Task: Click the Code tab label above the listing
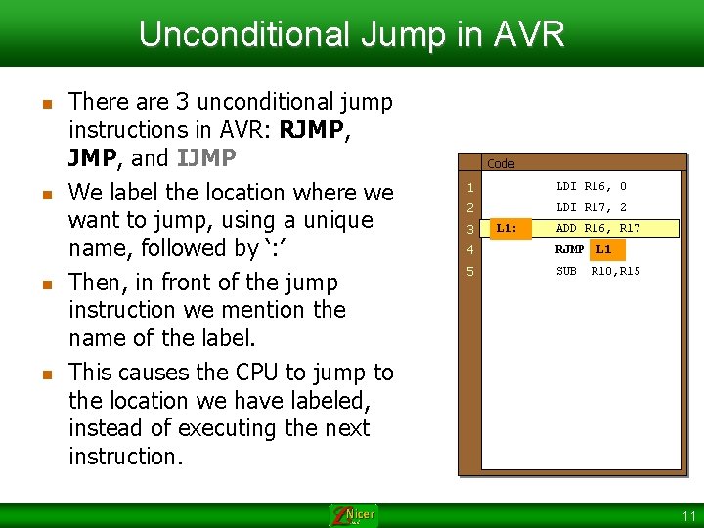click(501, 163)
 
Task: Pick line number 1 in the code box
click(470, 187)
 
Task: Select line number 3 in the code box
click(470, 230)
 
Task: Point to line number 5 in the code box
click(470, 271)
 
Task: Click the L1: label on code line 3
click(507, 228)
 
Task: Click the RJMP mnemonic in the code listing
click(569, 249)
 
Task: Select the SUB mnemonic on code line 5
click(566, 271)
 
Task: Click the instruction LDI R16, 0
click(592, 186)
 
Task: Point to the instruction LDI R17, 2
click(592, 207)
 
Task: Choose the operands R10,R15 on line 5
click(615, 271)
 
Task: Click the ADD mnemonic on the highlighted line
click(566, 228)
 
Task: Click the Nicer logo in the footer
click(354, 514)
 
